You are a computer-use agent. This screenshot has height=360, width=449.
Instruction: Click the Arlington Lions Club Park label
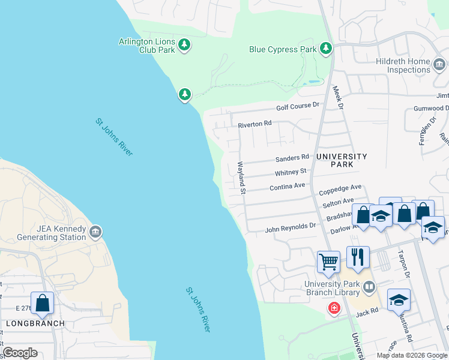[x=147, y=46]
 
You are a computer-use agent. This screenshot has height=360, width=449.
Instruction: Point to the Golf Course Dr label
[x=297, y=106]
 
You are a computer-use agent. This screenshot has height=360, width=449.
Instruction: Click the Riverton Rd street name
[x=255, y=124]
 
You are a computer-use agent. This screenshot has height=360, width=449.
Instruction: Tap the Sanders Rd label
[x=292, y=159]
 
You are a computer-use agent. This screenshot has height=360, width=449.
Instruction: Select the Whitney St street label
[x=291, y=173]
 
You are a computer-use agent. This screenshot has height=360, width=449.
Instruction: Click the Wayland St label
[x=242, y=178]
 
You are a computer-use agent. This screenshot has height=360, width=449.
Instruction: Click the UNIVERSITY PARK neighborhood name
[x=342, y=160]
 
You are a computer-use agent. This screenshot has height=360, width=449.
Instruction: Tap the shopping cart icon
[x=328, y=262]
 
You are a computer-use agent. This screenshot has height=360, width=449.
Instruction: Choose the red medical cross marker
[x=334, y=308]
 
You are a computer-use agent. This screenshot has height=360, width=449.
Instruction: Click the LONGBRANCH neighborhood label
[x=26, y=323]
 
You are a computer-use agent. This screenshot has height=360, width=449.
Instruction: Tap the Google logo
[x=20, y=353]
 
